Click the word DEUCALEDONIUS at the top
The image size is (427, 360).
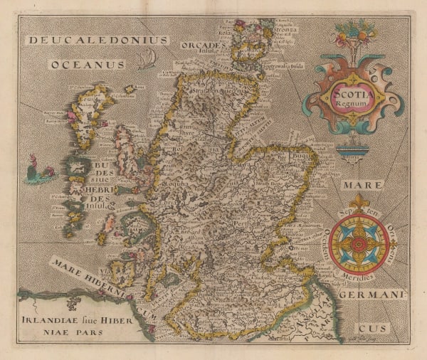[x=97, y=41]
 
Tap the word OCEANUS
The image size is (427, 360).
[x=88, y=65]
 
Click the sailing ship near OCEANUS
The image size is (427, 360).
[x=148, y=59]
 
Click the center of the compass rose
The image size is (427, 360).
[x=359, y=243]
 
